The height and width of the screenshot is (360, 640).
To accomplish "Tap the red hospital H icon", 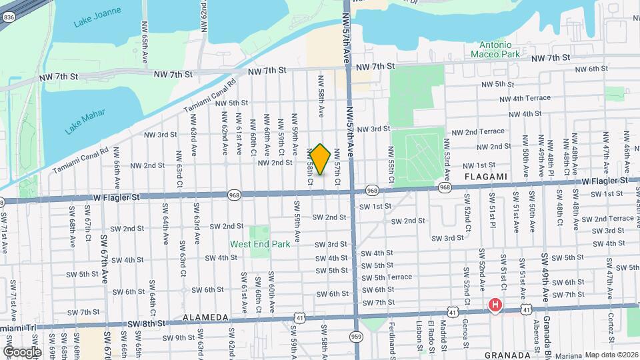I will point(495,306).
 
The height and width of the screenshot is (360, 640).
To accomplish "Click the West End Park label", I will point(260,244).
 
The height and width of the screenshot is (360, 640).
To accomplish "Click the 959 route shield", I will point(357,337).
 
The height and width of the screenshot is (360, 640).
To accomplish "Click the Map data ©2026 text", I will point(612,355).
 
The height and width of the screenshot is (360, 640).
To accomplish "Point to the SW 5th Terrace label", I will point(387,277).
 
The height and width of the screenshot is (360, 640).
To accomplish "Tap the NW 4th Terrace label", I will point(525,98).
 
